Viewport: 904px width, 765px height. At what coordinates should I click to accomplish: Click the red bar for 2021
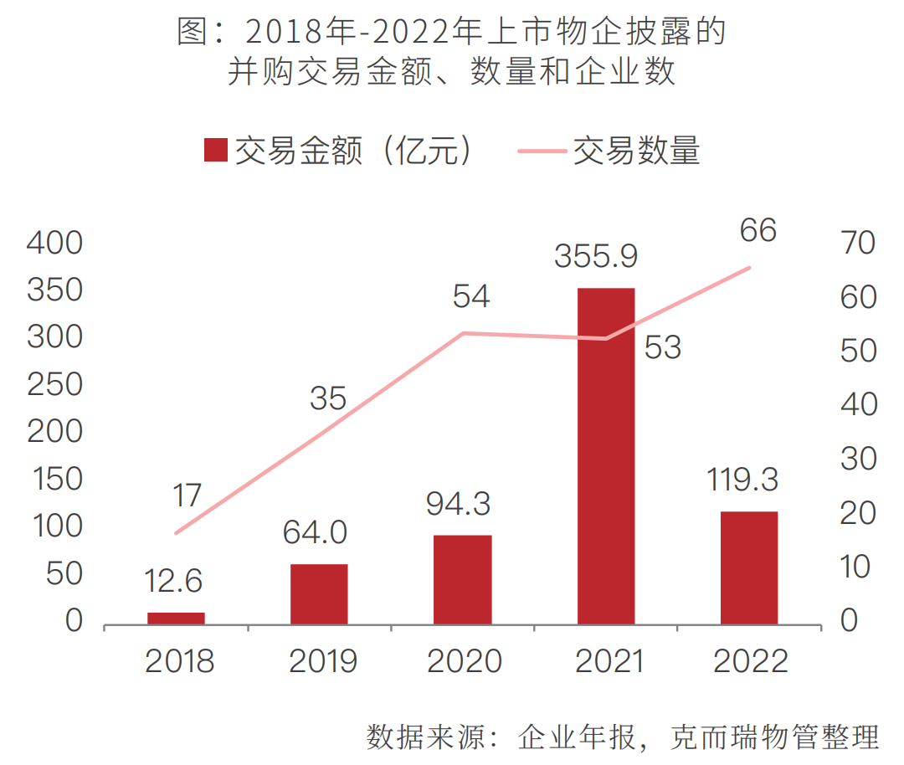coord(606,456)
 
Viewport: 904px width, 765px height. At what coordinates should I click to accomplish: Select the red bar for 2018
coord(176,618)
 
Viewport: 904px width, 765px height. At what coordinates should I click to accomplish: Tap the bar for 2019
coord(319,593)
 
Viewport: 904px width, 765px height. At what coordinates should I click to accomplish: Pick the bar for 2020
coord(462,579)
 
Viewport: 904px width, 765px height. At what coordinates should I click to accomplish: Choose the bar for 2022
coord(749,567)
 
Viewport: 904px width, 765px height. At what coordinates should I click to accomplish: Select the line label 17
coord(187,495)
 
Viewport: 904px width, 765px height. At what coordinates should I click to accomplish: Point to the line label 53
coord(663,347)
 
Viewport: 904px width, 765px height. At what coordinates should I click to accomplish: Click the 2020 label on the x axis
coord(464,661)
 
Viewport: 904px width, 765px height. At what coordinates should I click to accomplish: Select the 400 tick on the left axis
coord(55,244)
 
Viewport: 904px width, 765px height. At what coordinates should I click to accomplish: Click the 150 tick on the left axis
coord(55,480)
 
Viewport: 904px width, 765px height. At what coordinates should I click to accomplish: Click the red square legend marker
coord(216,151)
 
